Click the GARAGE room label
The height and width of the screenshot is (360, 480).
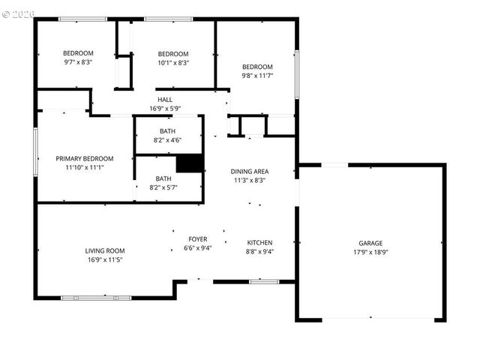click(x=370, y=243)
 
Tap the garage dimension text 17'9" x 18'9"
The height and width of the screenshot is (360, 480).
click(x=370, y=252)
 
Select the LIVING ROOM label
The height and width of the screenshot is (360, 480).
click(x=104, y=251)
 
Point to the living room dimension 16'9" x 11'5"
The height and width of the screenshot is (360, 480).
click(x=104, y=260)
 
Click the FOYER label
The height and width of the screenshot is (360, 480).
click(x=198, y=239)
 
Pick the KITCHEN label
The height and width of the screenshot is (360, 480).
click(x=260, y=243)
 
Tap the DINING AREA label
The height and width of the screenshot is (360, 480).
click(x=249, y=171)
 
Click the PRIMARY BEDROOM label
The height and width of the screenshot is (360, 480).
click(x=85, y=158)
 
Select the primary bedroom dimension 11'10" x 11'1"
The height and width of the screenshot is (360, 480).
click(x=85, y=168)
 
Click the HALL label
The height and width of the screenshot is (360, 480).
click(x=165, y=100)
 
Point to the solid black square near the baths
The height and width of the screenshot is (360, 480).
click(x=190, y=163)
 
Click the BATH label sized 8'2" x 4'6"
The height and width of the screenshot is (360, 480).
click(x=168, y=131)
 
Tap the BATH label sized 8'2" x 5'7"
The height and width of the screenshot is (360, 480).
click(x=163, y=178)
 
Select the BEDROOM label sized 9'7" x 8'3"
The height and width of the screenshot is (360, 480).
click(x=77, y=53)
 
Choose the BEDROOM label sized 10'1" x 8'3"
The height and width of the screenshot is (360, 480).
click(x=172, y=54)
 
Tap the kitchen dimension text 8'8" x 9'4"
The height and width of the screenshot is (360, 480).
click(x=260, y=252)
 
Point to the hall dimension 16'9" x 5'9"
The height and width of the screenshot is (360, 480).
click(x=165, y=109)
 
